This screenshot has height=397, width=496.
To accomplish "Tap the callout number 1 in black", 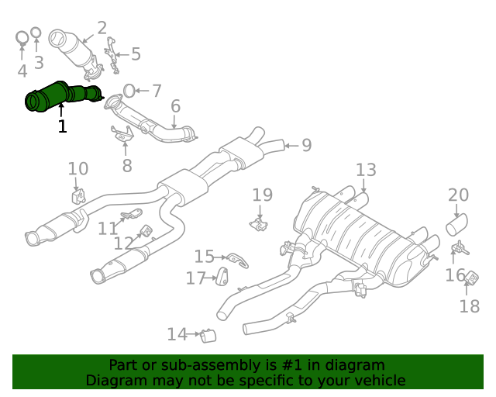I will (62, 126).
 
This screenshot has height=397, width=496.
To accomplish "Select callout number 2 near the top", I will (102, 29).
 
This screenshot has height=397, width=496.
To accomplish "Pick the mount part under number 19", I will (258, 224).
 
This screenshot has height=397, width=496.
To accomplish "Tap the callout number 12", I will (123, 243).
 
